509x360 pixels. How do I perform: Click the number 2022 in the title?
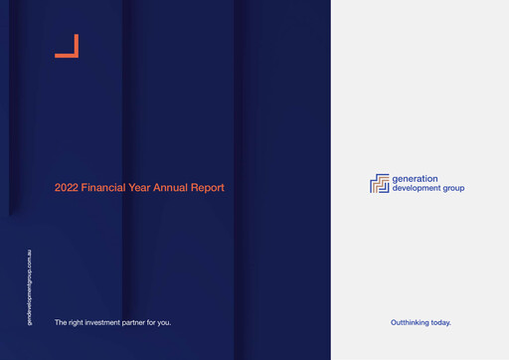point(67,187)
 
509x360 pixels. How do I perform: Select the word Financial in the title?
point(104,187)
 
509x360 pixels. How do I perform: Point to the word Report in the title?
point(208,187)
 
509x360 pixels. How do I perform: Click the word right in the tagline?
point(79,322)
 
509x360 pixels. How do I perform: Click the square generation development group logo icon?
point(380,184)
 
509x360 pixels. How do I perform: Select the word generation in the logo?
point(416,179)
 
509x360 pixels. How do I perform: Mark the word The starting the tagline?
point(62,322)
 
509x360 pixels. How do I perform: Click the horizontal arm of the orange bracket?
point(66,56)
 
